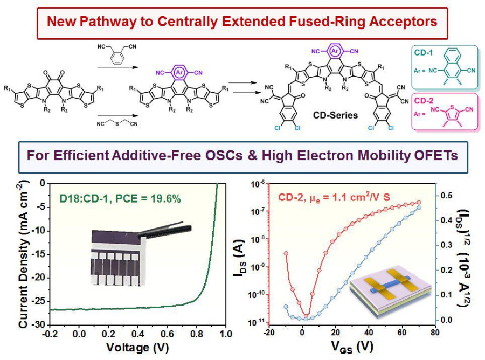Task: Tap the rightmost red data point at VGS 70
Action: [x=419, y=203]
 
